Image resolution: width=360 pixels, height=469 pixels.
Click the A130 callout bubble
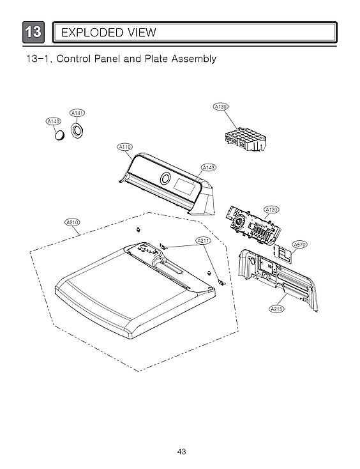pyautogui.click(x=220, y=106)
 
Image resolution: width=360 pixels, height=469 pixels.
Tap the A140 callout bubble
pyautogui.click(x=54, y=121)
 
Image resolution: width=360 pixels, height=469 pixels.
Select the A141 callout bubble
pyautogui.click(x=77, y=113)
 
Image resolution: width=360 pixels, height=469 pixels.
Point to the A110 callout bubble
pyautogui.click(x=125, y=147)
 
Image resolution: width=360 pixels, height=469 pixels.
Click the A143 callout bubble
pyautogui.click(x=208, y=167)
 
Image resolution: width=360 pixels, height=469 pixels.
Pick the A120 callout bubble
pyautogui.click(x=271, y=210)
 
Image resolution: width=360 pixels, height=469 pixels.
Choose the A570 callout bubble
pyautogui.click(x=299, y=244)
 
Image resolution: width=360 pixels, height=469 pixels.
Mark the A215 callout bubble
pyautogui.click(x=276, y=309)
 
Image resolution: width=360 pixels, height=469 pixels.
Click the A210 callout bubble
pyautogui.click(x=73, y=222)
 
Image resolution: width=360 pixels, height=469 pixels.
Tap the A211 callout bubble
pyautogui.click(x=203, y=240)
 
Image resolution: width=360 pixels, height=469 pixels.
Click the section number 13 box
pyautogui.click(x=34, y=32)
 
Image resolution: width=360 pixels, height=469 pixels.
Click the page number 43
pyautogui.click(x=181, y=452)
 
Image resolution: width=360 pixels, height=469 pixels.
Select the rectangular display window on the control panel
pyautogui.click(x=186, y=188)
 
